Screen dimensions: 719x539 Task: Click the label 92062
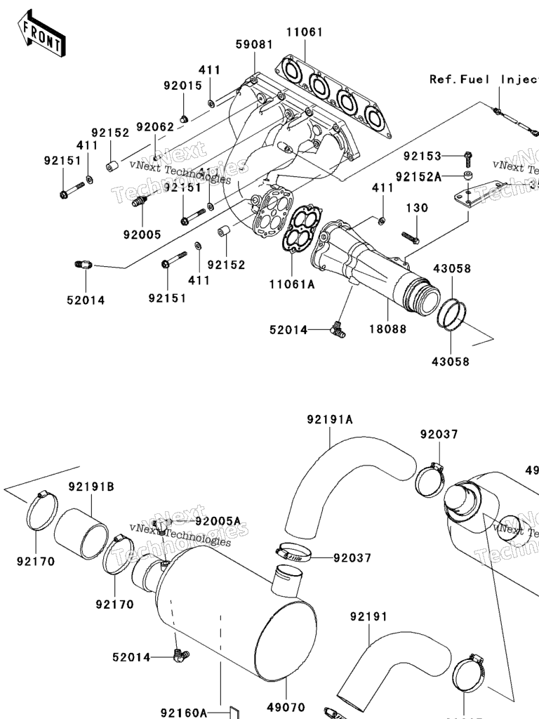tap(154, 127)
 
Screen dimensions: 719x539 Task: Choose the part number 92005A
tap(218, 521)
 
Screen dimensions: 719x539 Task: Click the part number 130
tap(416, 209)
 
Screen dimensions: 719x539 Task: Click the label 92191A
tap(329, 420)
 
